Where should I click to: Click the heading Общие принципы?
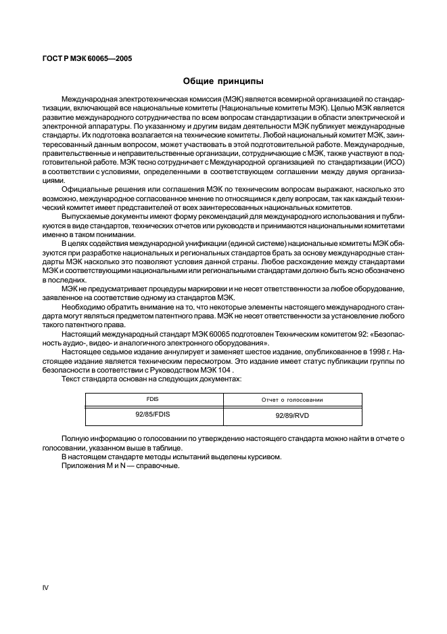click(223, 81)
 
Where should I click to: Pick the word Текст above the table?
click(72, 379)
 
